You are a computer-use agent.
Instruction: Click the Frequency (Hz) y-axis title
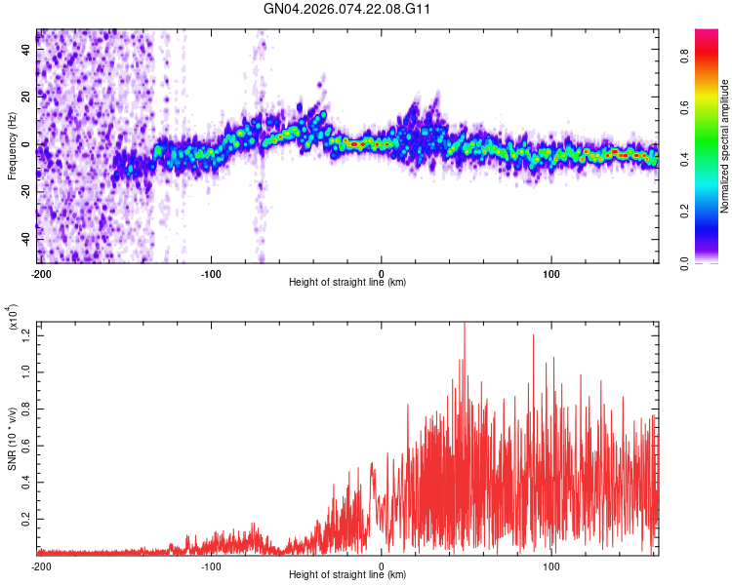pyautogui.click(x=12, y=146)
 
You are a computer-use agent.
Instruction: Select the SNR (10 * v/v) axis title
pyautogui.click(x=12, y=438)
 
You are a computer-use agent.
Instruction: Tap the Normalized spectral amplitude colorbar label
pyautogui.click(x=725, y=146)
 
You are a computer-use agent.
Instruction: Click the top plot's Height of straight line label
pyautogui.click(x=347, y=282)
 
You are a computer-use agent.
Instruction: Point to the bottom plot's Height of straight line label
pyautogui.click(x=347, y=574)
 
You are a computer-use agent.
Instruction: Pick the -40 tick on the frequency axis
pyautogui.click(x=24, y=239)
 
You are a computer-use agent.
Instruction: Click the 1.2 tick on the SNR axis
pyautogui.click(x=26, y=334)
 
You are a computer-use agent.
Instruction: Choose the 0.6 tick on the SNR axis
pyautogui.click(x=26, y=445)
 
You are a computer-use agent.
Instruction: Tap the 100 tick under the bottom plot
pyautogui.click(x=551, y=565)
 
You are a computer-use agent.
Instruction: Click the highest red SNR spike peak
pyautogui.click(x=464, y=324)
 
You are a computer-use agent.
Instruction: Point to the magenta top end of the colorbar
pyautogui.click(x=707, y=33)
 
